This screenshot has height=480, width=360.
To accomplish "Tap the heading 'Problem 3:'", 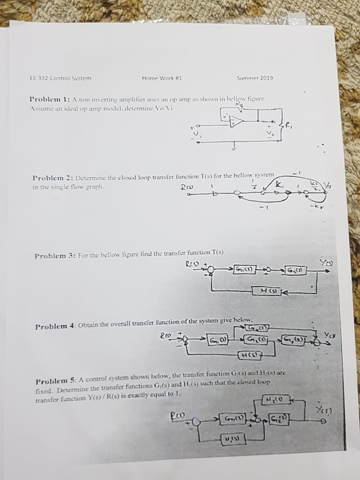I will click(x=54, y=256).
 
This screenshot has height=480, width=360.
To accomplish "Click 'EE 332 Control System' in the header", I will click(x=60, y=78).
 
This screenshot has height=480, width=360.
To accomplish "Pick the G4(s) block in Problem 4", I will click(x=259, y=327).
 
